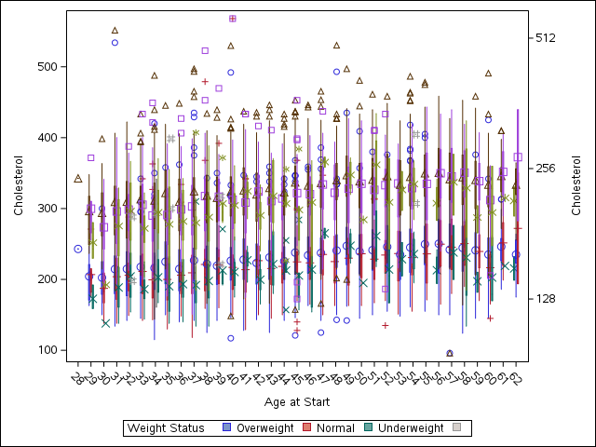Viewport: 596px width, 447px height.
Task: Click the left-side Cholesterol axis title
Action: click(x=19, y=186)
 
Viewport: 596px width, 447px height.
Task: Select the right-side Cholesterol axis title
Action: click(x=576, y=186)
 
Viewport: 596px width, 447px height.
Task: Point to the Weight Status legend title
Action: click(x=166, y=427)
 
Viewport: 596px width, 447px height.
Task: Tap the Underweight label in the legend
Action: click(x=411, y=427)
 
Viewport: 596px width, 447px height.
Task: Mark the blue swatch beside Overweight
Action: click(x=227, y=427)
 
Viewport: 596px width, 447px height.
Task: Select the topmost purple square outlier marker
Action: click(x=232, y=19)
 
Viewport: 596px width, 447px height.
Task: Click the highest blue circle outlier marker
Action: click(x=115, y=43)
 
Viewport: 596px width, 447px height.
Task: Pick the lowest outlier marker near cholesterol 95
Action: click(x=450, y=353)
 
